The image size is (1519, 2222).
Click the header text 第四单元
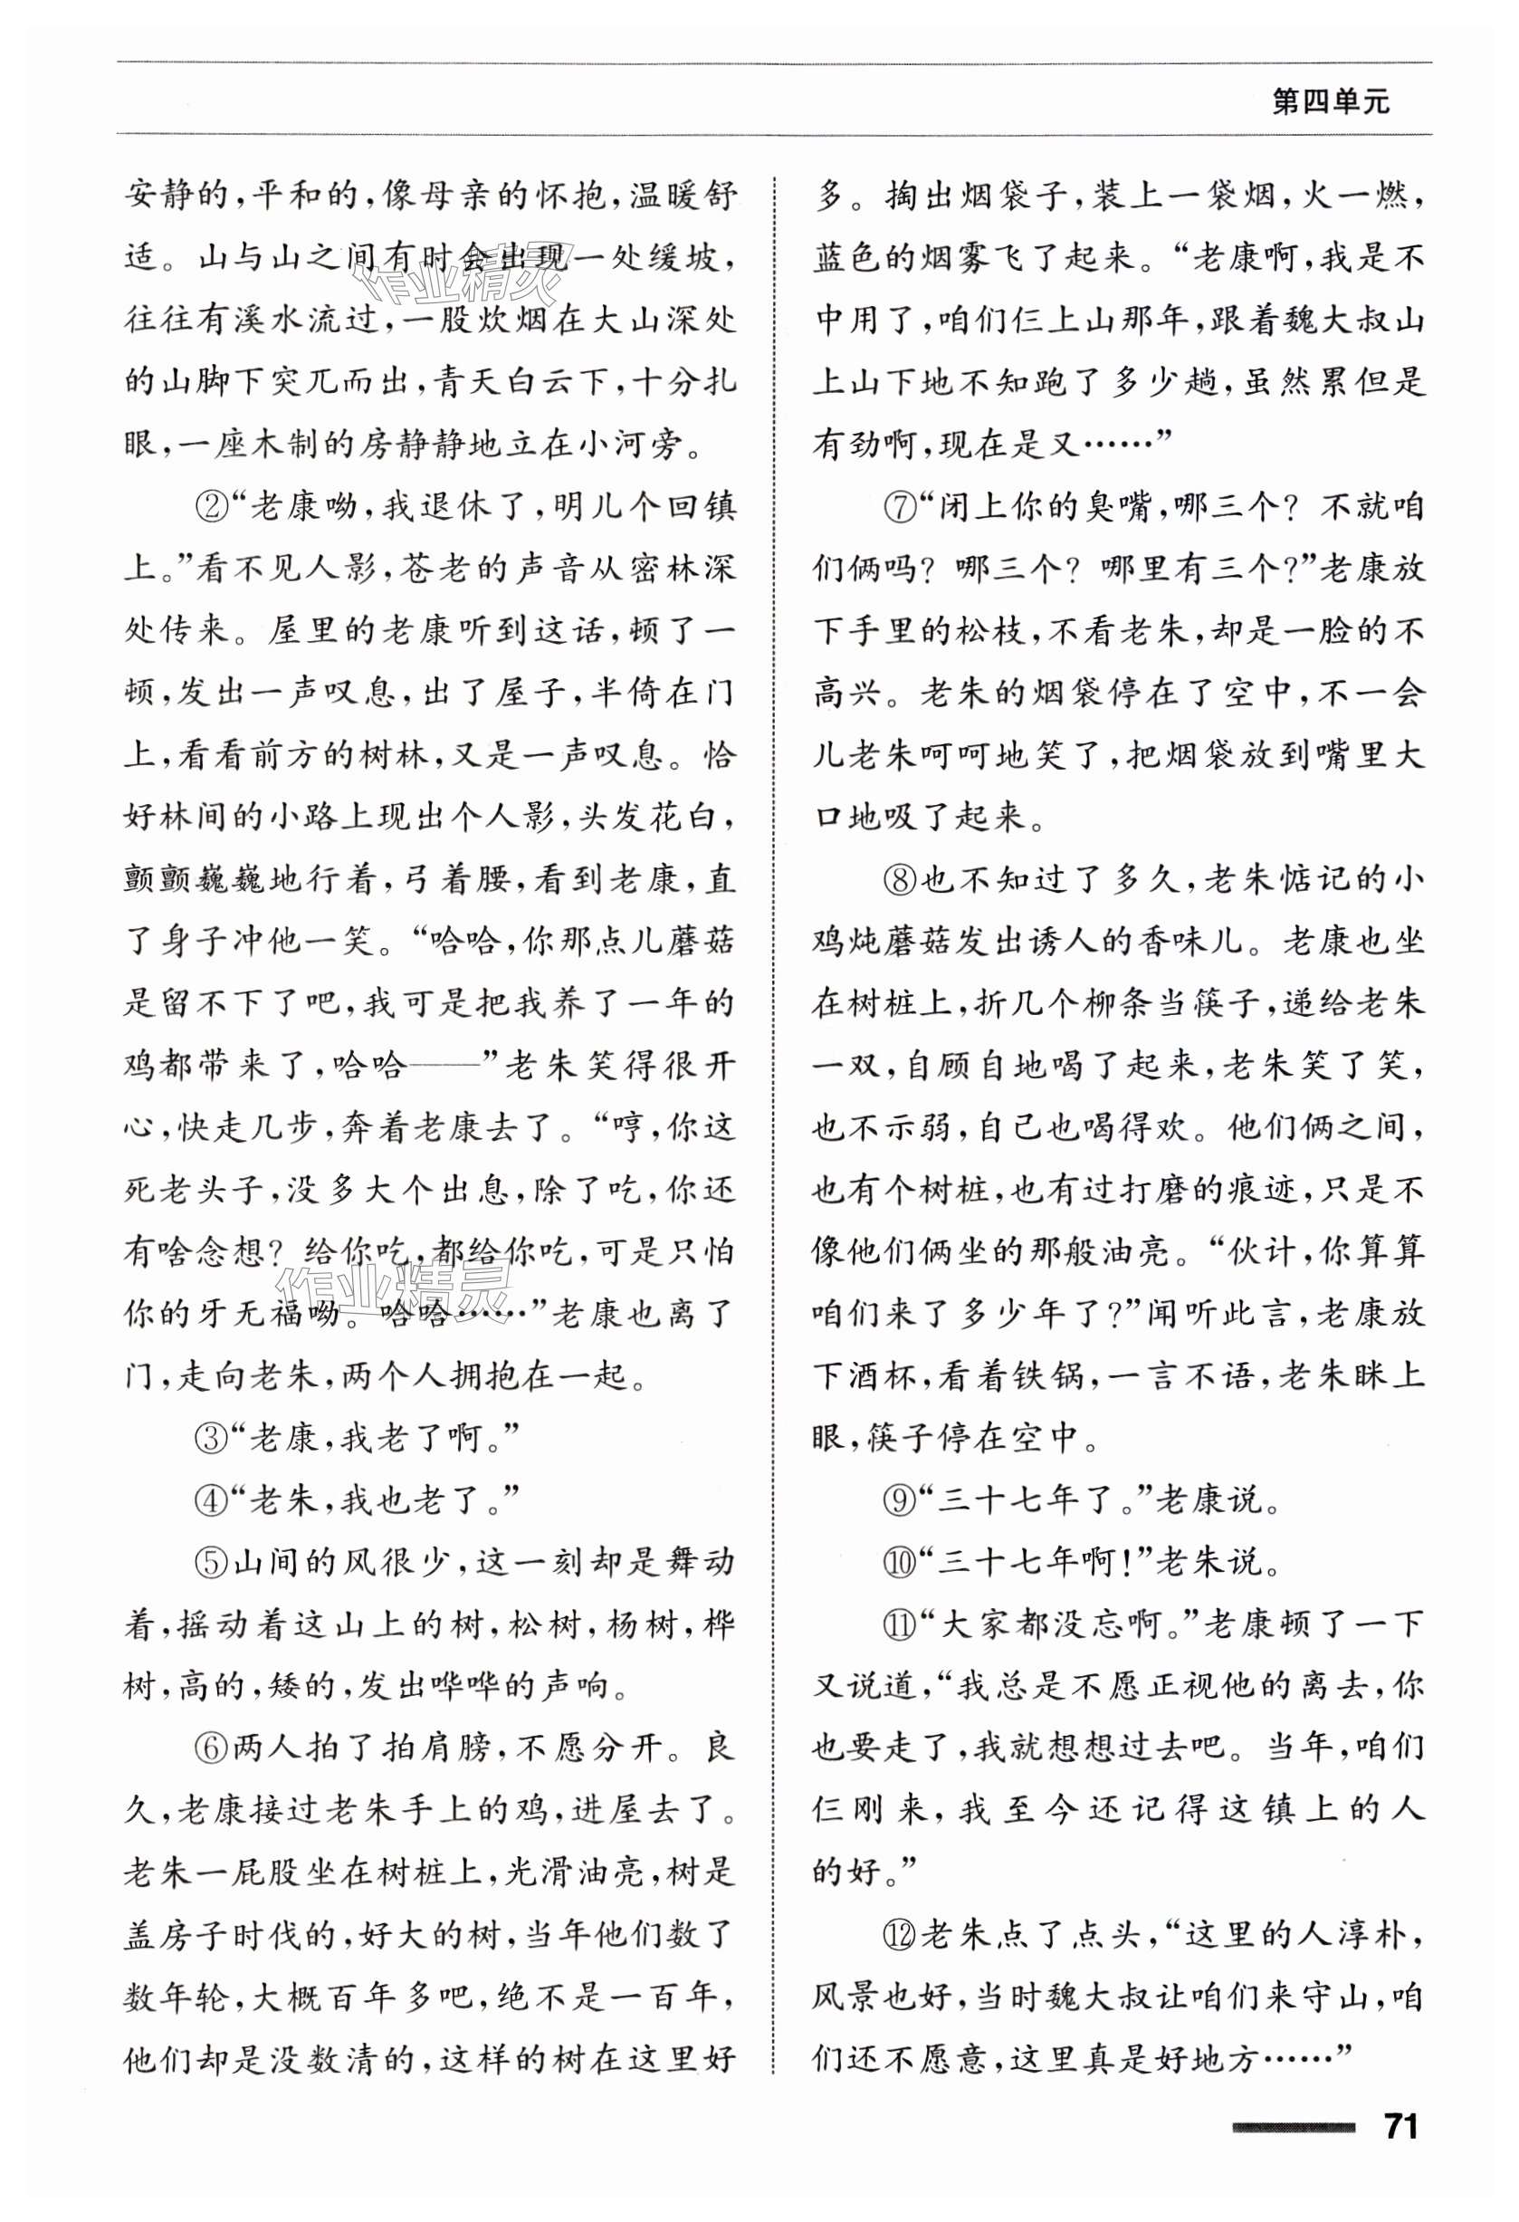click(x=1330, y=101)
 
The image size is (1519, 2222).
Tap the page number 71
click(x=1400, y=2126)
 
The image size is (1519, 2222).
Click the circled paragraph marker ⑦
click(x=900, y=507)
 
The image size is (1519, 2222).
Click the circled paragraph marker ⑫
click(x=900, y=1934)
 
